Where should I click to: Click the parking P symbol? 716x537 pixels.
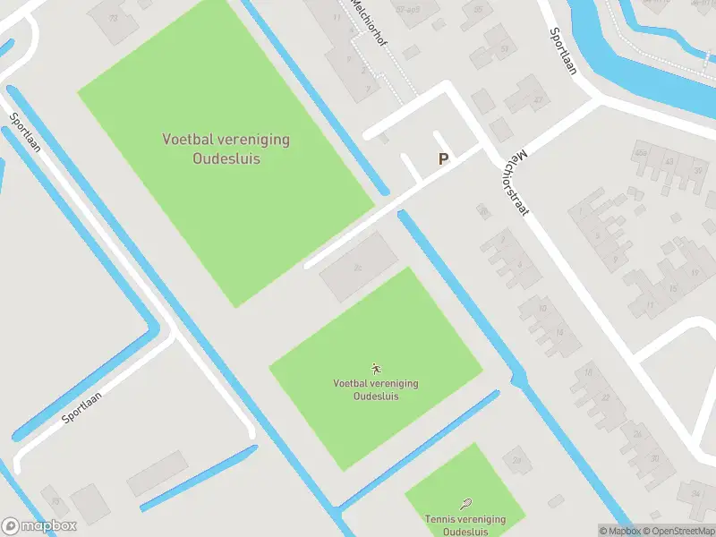[x=442, y=159]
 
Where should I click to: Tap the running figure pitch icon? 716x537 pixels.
[x=376, y=369]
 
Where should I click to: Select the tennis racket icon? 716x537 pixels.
[x=465, y=505]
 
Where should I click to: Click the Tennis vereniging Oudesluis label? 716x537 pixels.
[x=465, y=524]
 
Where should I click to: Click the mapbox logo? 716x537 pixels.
[x=39, y=526]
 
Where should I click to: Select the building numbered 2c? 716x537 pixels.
[x=358, y=268]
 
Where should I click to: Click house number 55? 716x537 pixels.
[x=479, y=11]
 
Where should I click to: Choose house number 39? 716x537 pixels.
[x=698, y=170]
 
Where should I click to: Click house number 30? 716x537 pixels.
[x=654, y=459]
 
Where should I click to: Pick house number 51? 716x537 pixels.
[x=505, y=47]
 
